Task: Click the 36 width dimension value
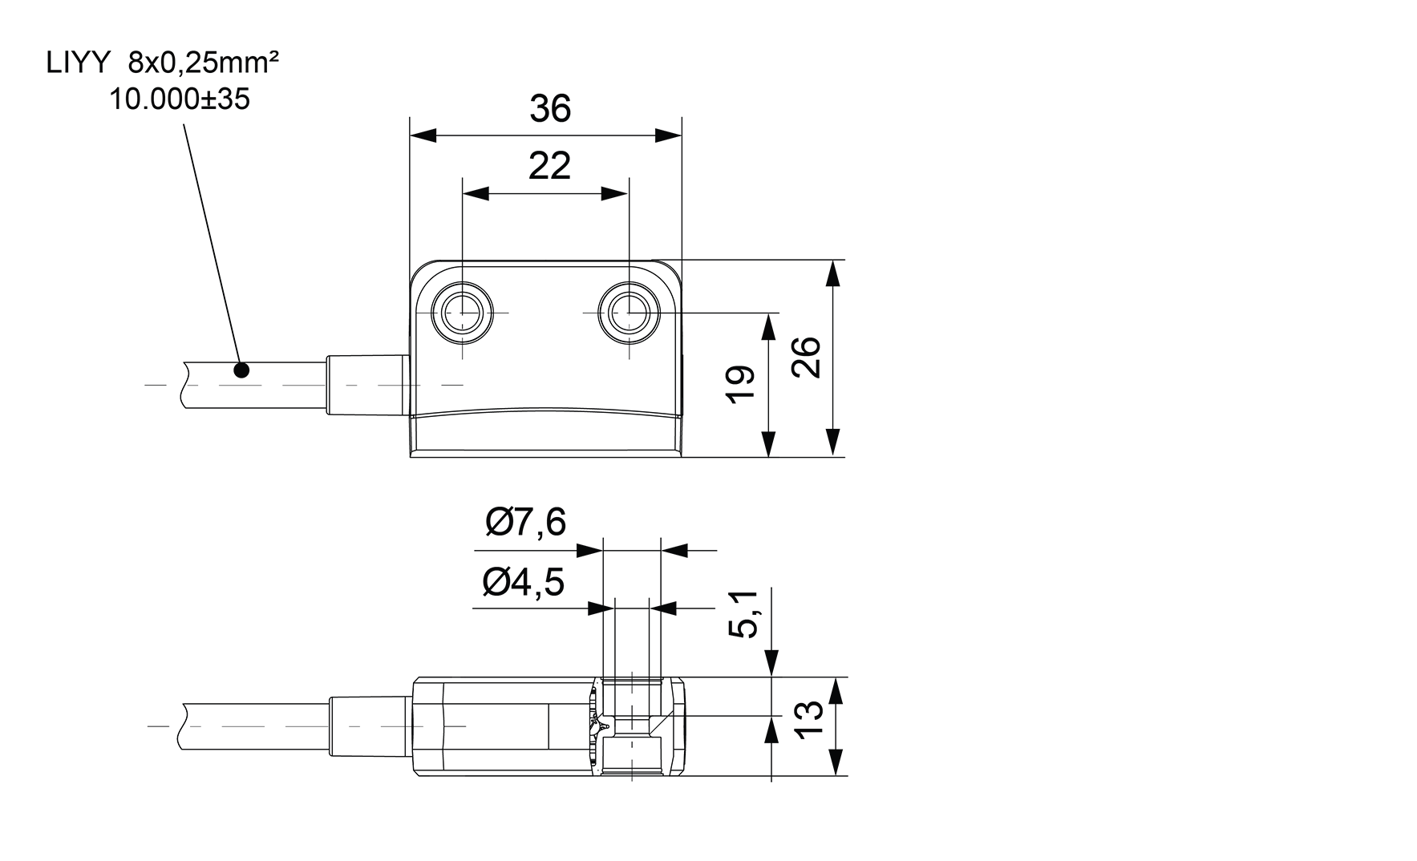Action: tap(550, 108)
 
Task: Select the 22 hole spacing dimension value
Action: tap(550, 165)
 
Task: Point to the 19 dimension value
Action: tap(743, 384)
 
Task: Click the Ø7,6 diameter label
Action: tap(525, 523)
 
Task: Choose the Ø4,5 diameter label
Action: tap(524, 582)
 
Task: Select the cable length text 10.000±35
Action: tap(180, 99)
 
